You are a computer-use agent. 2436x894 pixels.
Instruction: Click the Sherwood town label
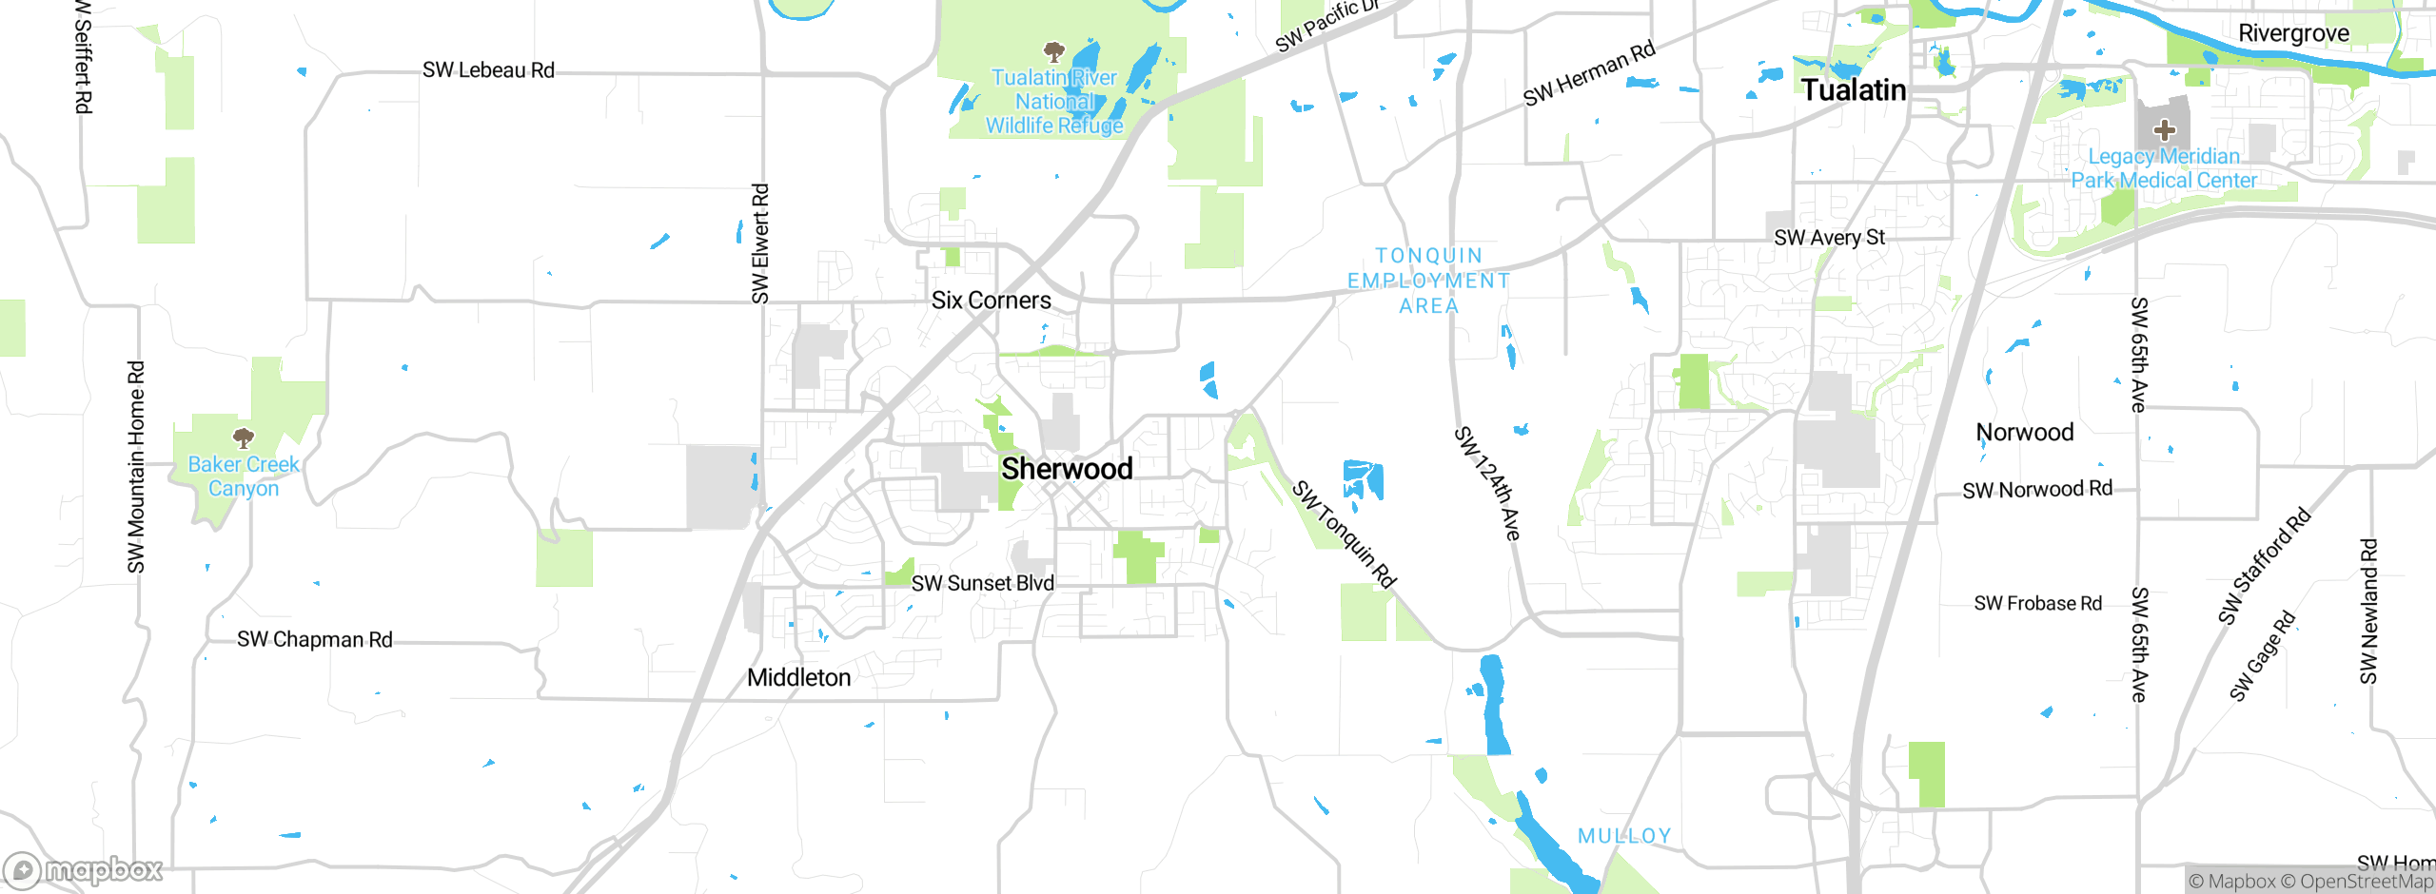click(x=1067, y=469)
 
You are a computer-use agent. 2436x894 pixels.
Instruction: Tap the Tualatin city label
click(x=1854, y=90)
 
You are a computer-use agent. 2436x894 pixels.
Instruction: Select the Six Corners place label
click(x=991, y=301)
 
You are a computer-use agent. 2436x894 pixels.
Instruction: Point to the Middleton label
click(x=798, y=678)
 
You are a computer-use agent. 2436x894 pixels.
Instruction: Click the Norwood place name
click(x=2025, y=433)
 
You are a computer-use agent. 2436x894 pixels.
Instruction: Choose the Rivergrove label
click(x=2293, y=33)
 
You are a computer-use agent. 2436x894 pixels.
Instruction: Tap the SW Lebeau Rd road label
click(x=488, y=70)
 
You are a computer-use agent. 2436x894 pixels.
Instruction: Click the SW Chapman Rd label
click(x=314, y=640)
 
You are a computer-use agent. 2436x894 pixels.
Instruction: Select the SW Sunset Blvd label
click(x=982, y=584)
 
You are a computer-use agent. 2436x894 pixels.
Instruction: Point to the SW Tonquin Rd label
click(x=1344, y=534)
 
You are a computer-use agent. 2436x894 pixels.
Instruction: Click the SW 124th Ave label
click(x=1487, y=484)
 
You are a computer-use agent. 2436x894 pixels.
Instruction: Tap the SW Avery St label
click(x=1829, y=238)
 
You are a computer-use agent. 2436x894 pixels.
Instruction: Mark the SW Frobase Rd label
click(x=2037, y=604)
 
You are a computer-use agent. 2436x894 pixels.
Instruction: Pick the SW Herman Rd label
click(x=1589, y=73)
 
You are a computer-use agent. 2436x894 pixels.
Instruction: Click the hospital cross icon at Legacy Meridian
click(x=2164, y=129)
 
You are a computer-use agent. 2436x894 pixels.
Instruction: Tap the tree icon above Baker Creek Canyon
click(x=244, y=437)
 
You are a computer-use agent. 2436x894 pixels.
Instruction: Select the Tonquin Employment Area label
click(x=1428, y=281)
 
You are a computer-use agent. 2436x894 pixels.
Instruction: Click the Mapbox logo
click(x=84, y=870)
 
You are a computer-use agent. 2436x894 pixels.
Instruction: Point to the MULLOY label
click(x=1624, y=836)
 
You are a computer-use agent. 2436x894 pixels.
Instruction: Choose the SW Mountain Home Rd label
click(x=136, y=467)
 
